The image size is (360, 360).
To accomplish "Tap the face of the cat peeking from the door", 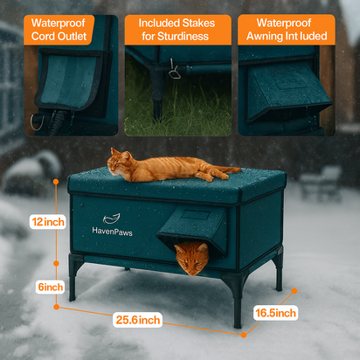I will click(191, 258).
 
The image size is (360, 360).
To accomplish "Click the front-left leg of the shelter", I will click(73, 280).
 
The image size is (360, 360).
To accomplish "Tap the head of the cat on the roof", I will click(119, 158).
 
